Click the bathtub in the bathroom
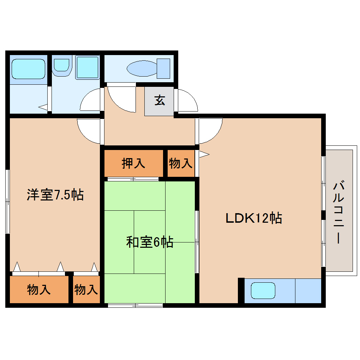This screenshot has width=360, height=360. [x=28, y=68]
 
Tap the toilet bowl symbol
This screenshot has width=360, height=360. [x=148, y=69]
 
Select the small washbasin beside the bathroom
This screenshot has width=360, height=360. [x=62, y=65]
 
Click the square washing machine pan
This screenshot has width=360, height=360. [x=87, y=67]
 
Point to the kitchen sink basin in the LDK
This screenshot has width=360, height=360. [x=263, y=290]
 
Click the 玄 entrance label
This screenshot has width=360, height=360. [x=159, y=101]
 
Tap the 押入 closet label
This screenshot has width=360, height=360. [x=133, y=163]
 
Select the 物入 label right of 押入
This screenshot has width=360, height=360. [x=181, y=163]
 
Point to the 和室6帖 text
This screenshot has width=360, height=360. [x=150, y=242]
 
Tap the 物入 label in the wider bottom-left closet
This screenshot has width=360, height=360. [x=39, y=290]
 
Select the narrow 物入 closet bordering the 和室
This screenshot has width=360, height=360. [x=86, y=290]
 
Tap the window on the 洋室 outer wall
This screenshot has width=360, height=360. [x=7, y=202]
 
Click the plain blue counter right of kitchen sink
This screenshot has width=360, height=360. [x=308, y=290]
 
